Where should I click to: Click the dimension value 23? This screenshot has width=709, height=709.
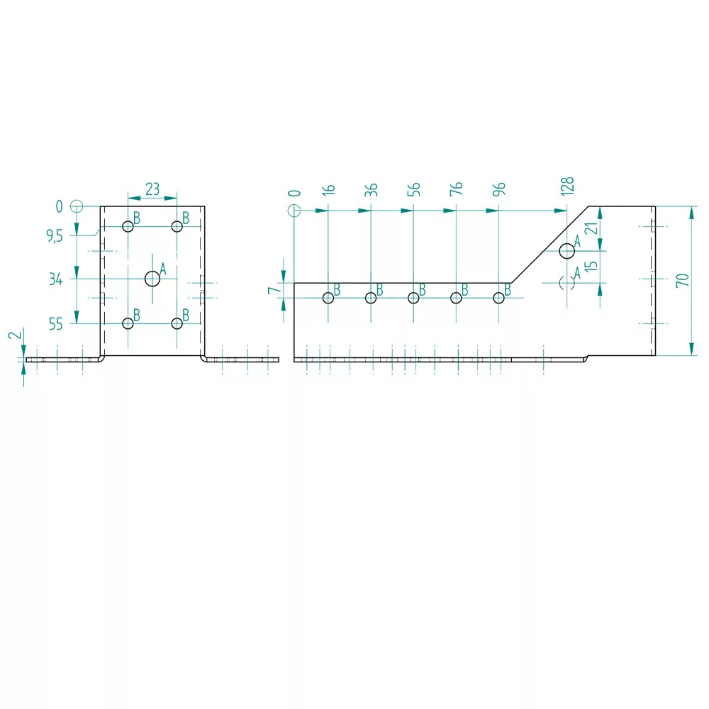pyautogui.click(x=152, y=189)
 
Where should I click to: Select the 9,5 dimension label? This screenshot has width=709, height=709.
pyautogui.click(x=55, y=235)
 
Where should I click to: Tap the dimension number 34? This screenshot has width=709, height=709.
pyautogui.click(x=55, y=279)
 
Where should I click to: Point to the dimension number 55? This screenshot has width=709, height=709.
pyautogui.click(x=55, y=324)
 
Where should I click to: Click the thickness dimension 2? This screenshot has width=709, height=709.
pyautogui.click(x=16, y=335)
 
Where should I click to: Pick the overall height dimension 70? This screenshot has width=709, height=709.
pyautogui.click(x=682, y=280)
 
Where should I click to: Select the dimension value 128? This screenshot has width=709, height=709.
pyautogui.click(x=567, y=186)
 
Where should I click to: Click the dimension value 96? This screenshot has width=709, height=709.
pyautogui.click(x=498, y=189)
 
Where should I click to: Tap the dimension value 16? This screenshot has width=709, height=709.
pyautogui.click(x=329, y=189)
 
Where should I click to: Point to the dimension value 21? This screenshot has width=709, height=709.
pyautogui.click(x=591, y=228)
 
